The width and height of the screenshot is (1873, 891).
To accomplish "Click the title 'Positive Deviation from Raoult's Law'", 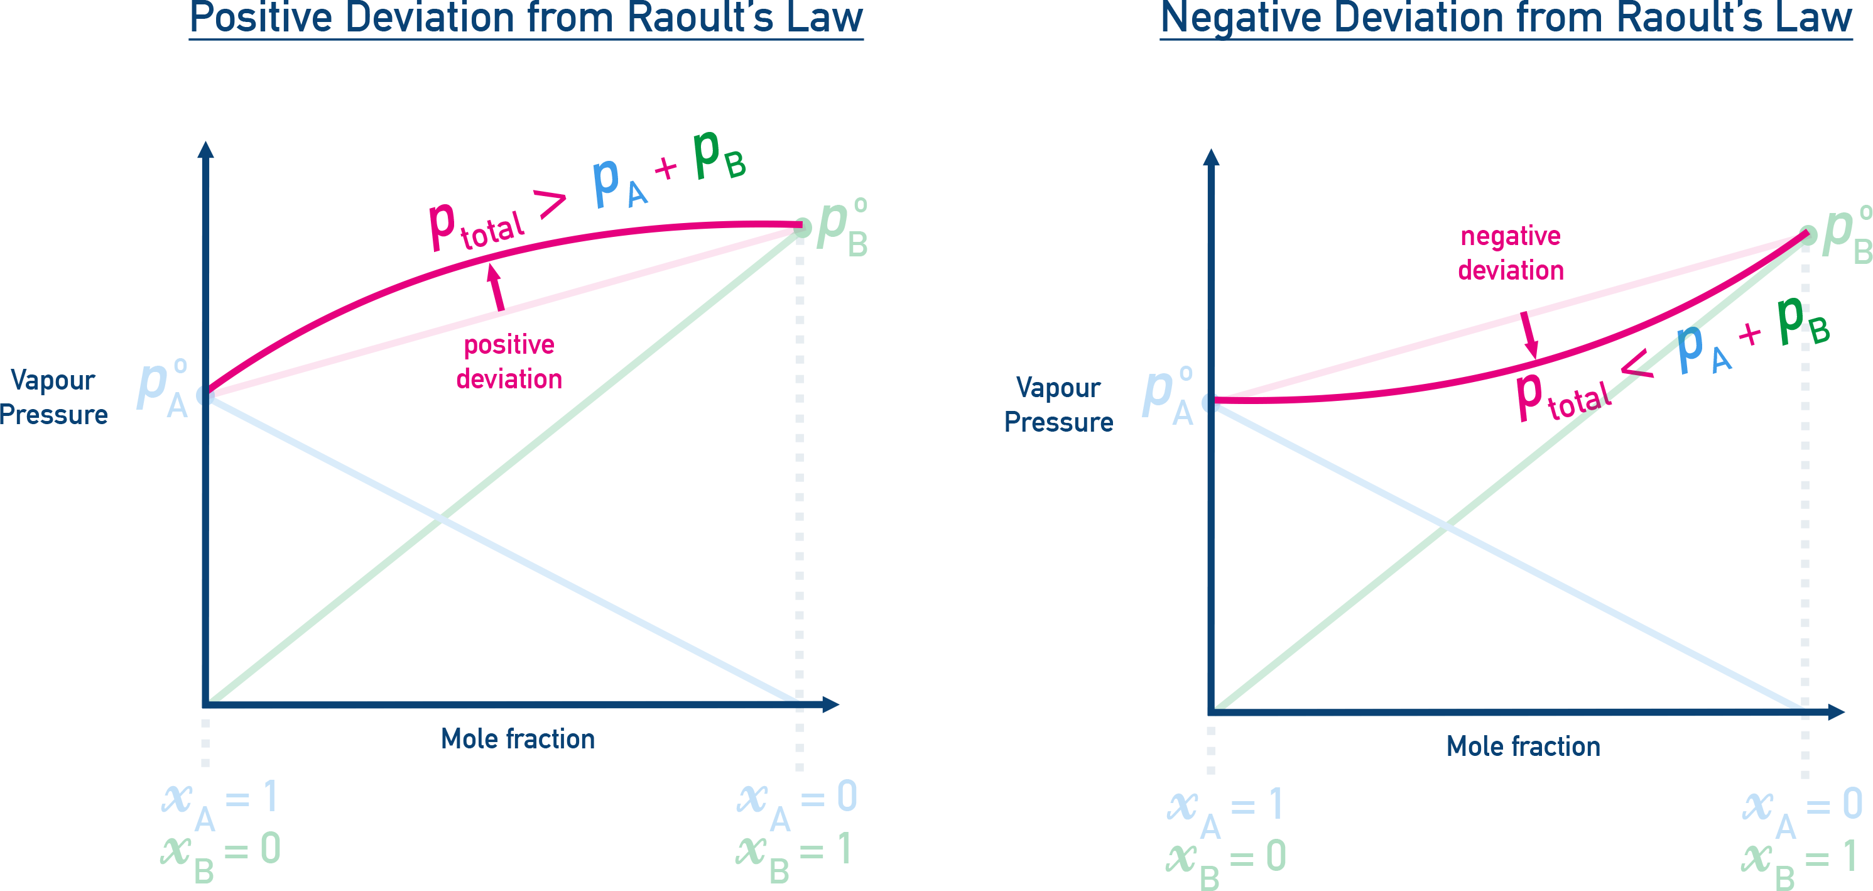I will pos(526,19).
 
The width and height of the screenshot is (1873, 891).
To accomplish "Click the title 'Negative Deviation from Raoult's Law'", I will pos(1505,19).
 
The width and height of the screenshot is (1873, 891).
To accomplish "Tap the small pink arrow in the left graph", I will pos(497,287).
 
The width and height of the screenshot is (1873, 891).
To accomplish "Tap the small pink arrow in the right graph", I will pos(1530,336).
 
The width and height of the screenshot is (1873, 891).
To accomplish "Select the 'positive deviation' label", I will pos(509,361).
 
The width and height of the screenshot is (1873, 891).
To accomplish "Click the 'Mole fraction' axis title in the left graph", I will pos(518,739).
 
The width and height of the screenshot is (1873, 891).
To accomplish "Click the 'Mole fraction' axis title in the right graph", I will pos(1523,746).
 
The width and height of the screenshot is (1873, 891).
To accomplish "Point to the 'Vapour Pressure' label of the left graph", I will pos(53,397).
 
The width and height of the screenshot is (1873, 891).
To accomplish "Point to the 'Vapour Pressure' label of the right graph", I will pos(1058,405).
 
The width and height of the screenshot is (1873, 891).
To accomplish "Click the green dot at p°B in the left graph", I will pos(801,227).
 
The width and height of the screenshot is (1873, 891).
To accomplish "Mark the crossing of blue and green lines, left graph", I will pos(442,518).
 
